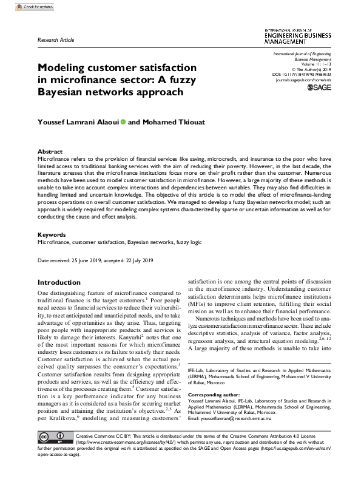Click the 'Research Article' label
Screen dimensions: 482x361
(x=56, y=39)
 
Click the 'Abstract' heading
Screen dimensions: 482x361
(x=50, y=152)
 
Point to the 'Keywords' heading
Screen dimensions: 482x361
(x=52, y=234)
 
